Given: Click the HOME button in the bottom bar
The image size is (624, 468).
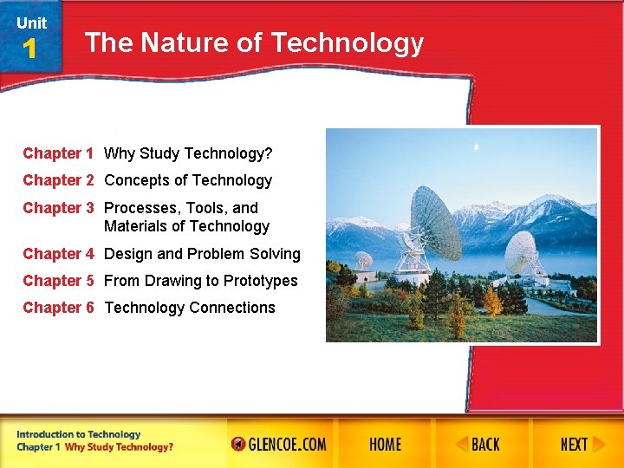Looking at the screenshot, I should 385,445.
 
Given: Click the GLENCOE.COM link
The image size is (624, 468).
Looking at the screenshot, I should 279,445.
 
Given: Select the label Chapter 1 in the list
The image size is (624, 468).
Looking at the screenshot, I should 58,153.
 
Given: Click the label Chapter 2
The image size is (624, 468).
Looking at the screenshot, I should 58,180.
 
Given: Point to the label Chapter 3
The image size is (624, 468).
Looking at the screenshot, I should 58,208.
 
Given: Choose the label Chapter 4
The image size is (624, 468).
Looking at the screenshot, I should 58,254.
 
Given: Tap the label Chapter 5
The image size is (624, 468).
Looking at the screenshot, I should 58,281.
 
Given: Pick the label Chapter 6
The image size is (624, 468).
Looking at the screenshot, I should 58,308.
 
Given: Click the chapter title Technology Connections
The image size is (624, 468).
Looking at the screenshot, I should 190,308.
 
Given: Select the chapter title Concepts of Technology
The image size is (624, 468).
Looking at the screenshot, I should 188,180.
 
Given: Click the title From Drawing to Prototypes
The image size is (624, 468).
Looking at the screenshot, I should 200,281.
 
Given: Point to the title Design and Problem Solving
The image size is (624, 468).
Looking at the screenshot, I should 202,254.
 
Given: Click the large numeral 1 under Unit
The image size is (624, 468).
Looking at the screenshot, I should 30,49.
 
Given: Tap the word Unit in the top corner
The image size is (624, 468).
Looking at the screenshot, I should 31,23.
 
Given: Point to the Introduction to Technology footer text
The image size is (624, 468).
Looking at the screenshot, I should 78,434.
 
